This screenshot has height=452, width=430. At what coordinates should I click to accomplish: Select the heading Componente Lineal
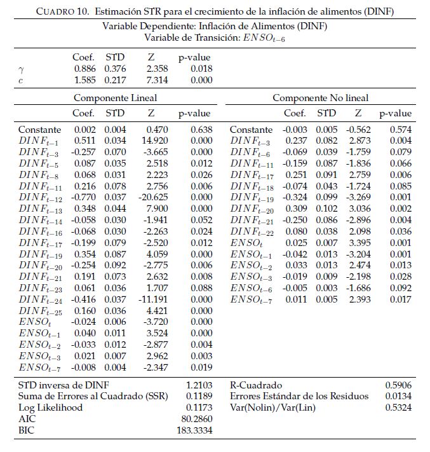(x=115, y=98)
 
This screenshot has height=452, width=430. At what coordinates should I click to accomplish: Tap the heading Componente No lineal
(x=320, y=98)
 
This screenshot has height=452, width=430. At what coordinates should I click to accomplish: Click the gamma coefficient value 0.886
(x=84, y=69)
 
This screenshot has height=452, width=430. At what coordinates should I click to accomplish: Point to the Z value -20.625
(x=155, y=197)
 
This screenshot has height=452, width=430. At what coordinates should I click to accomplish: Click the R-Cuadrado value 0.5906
(x=398, y=385)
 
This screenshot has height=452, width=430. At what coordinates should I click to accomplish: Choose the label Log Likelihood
(x=50, y=408)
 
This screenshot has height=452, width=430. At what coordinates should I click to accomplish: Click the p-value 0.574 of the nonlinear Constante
(x=401, y=130)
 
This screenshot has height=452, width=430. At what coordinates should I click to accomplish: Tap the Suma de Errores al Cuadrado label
(x=93, y=397)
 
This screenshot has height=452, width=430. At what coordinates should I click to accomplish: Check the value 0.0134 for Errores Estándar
(x=398, y=397)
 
